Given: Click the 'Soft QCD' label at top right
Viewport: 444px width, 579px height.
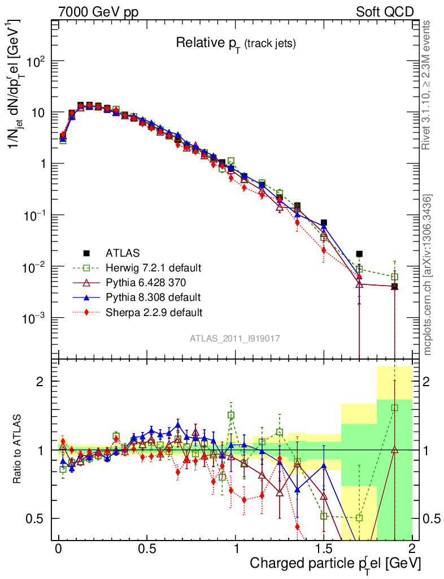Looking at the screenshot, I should [385, 11].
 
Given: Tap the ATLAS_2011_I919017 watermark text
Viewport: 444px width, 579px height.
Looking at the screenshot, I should [235, 338].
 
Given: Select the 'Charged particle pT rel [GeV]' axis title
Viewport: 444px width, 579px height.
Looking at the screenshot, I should [335, 564].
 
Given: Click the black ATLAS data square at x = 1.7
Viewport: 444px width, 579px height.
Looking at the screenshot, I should [359, 254].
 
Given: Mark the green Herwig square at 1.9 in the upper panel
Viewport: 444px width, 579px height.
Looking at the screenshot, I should [395, 276].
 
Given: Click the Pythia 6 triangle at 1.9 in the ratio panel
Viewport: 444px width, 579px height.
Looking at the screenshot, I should [395, 450].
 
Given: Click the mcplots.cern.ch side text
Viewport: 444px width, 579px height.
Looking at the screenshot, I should [429, 274].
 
